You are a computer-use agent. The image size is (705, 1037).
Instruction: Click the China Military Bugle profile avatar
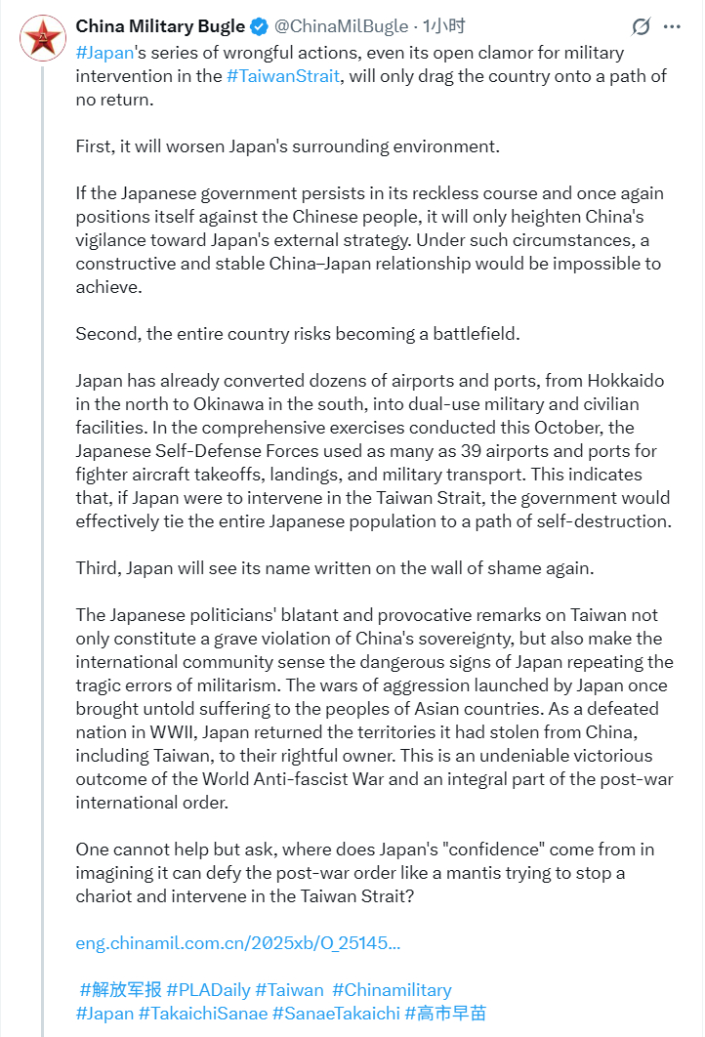tap(42, 38)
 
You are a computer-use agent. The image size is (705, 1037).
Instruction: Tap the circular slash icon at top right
tap(642, 27)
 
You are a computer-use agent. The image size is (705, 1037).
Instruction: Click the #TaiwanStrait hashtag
tap(283, 76)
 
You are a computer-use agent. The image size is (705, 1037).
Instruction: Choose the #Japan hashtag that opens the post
tap(104, 52)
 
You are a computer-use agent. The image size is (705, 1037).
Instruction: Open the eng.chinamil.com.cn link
tap(237, 943)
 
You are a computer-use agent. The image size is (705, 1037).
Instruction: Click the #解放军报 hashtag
tap(120, 990)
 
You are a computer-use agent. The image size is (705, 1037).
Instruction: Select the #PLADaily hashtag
tap(210, 990)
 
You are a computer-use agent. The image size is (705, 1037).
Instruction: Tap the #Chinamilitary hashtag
tap(392, 990)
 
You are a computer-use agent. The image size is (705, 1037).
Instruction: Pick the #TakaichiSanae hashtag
tap(203, 1014)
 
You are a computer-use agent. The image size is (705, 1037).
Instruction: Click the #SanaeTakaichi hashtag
tap(336, 1014)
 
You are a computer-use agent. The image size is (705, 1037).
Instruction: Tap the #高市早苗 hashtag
tap(445, 1014)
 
